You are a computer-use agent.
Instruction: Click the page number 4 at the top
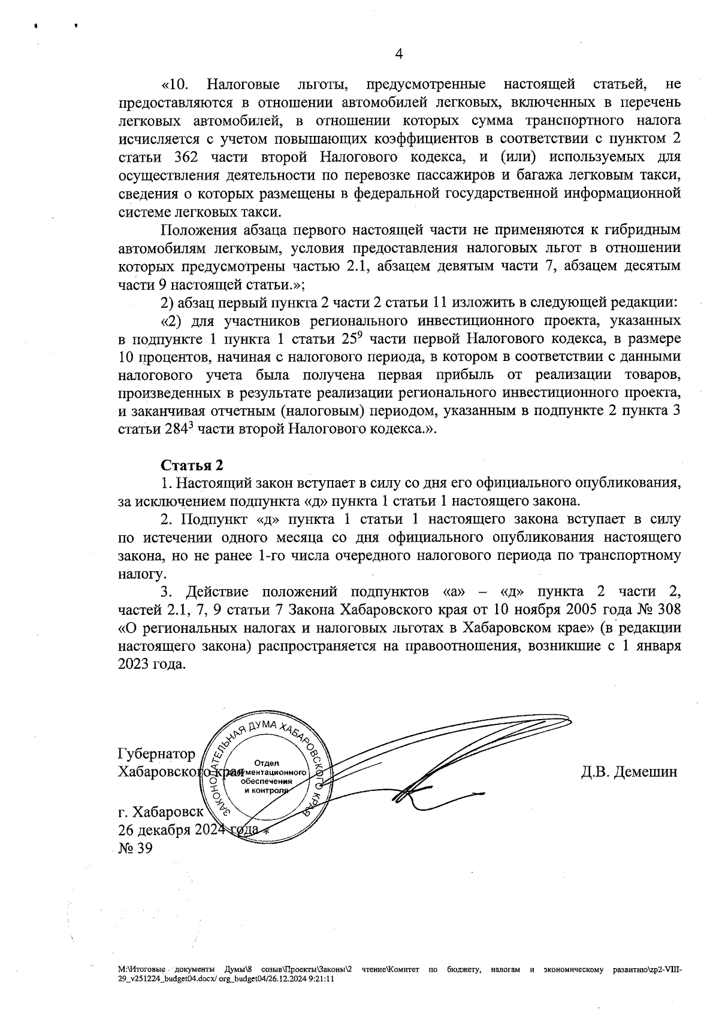[x=399, y=54]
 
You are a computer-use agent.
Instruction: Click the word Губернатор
[x=157, y=753]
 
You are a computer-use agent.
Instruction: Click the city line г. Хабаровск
[x=161, y=812]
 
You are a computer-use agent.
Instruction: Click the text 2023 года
[x=152, y=665]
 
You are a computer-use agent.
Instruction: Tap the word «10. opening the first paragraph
[x=176, y=85]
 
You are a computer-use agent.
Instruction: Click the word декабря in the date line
[x=171, y=830]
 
